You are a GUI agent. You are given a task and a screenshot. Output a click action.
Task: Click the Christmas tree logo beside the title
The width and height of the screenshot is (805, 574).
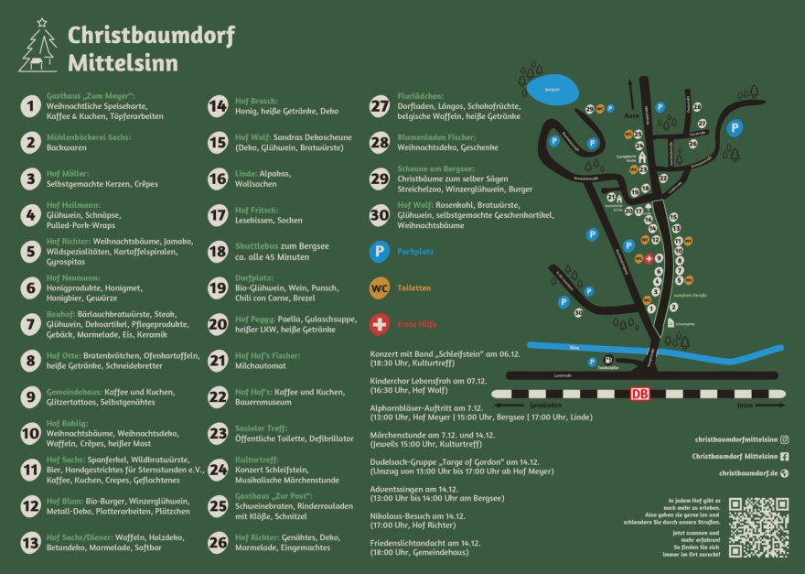tap(38, 47)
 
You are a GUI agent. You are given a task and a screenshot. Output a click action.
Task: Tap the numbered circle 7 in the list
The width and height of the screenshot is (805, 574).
tap(30, 323)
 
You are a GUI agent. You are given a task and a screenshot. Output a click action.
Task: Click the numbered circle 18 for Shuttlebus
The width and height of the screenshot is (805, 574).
tap(218, 251)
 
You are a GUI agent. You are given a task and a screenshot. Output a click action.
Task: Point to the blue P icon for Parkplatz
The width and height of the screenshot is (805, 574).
tap(378, 251)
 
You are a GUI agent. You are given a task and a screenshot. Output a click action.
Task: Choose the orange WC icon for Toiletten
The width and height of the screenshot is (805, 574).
tap(378, 287)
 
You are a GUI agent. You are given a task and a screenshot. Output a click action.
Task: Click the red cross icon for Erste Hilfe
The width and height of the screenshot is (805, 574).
tap(378, 324)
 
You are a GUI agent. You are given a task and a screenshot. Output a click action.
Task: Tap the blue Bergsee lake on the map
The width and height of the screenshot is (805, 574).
tap(553, 90)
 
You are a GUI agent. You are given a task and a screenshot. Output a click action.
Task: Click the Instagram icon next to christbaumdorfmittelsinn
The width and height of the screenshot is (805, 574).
tap(784, 439)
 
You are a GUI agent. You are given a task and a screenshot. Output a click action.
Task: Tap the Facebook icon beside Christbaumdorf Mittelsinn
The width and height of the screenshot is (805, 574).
tap(784, 456)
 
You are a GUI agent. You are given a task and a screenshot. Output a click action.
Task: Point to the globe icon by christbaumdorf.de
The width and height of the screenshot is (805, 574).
tap(784, 473)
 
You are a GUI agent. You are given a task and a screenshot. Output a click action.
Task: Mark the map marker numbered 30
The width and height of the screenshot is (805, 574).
tap(578, 312)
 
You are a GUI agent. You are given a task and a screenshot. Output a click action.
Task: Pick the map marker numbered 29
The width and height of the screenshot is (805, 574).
tap(590, 109)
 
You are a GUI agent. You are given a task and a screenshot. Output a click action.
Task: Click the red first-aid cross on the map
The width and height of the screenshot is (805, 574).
tap(649, 259)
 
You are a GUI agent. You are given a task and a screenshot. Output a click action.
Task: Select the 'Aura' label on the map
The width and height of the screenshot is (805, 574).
tap(629, 116)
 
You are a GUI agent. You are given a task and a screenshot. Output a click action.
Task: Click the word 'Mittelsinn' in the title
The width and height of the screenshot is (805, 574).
tap(123, 64)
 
